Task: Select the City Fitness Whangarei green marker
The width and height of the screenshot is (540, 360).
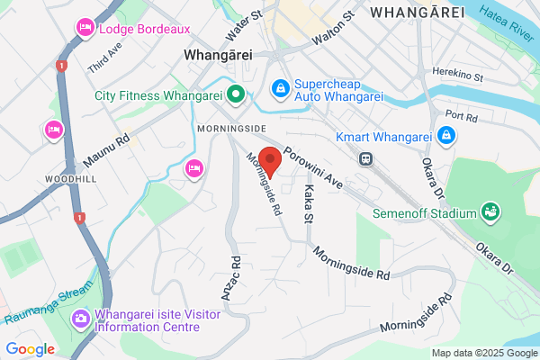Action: tap(236, 94)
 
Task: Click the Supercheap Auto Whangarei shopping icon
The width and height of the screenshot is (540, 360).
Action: tap(281, 87)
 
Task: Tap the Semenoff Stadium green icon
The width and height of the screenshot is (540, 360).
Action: tap(490, 212)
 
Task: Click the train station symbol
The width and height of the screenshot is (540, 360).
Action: tap(365, 158)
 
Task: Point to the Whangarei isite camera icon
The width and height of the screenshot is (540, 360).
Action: tap(80, 318)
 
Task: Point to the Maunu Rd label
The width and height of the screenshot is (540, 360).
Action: tap(107, 149)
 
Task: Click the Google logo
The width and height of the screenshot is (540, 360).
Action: tap(30, 348)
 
